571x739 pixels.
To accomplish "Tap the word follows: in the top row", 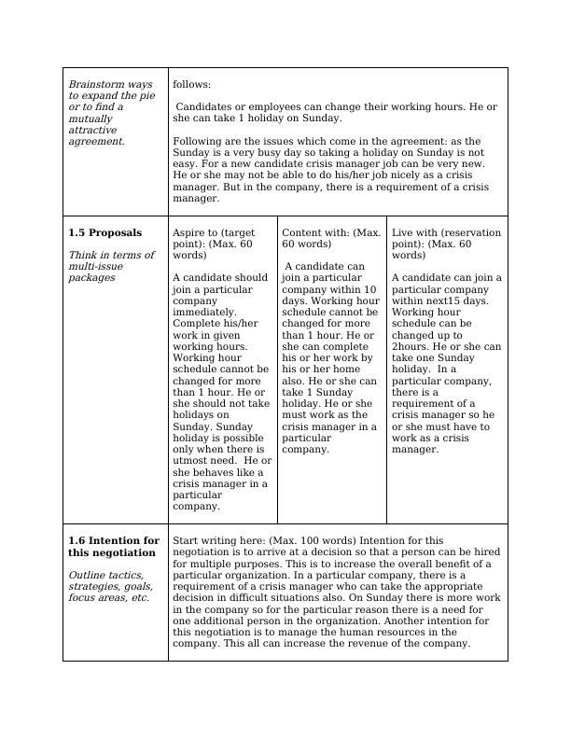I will click(x=192, y=85).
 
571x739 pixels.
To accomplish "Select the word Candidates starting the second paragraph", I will click(x=206, y=107).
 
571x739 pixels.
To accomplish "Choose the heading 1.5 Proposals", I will click(x=105, y=232).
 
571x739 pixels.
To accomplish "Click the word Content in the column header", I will click(x=303, y=232).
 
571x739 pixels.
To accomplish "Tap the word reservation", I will click(x=470, y=232).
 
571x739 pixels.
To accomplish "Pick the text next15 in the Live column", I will click(x=443, y=300).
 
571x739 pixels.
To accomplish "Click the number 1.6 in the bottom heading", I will click(x=77, y=541).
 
